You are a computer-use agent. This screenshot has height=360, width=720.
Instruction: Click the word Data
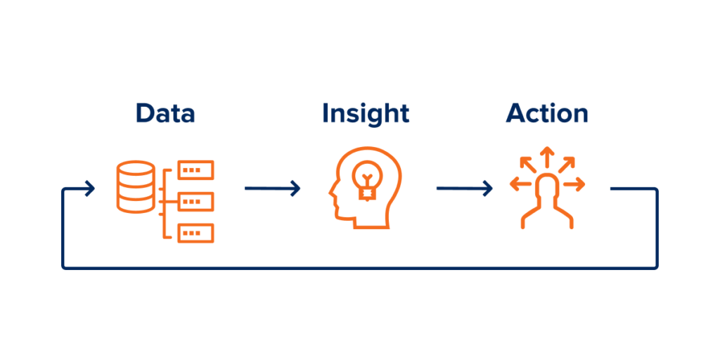[165, 113]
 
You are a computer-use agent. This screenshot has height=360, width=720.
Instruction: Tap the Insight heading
[366, 113]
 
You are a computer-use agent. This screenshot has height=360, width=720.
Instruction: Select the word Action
[547, 113]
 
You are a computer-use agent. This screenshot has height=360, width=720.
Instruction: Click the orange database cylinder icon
[136, 186]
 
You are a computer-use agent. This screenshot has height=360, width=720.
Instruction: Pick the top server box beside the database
[195, 170]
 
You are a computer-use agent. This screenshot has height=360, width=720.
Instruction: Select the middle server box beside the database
[195, 202]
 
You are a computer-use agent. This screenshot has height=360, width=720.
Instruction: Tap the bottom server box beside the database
[195, 233]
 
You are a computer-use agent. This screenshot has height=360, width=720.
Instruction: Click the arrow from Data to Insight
[272, 188]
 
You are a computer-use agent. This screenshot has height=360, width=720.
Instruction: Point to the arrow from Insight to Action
[464, 188]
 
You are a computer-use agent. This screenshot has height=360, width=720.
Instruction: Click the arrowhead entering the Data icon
[90, 188]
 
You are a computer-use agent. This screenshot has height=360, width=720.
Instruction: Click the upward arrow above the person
[546, 157]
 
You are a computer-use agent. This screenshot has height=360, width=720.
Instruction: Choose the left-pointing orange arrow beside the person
[520, 185]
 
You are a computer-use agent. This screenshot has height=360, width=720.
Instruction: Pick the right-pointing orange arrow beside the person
[574, 185]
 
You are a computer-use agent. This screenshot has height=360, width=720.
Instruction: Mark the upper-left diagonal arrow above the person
[527, 165]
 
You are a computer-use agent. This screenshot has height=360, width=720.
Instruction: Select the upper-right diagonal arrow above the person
[566, 165]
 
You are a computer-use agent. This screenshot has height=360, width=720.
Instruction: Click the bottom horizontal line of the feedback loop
[360, 267]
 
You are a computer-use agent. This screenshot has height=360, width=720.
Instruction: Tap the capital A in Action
[515, 113]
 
